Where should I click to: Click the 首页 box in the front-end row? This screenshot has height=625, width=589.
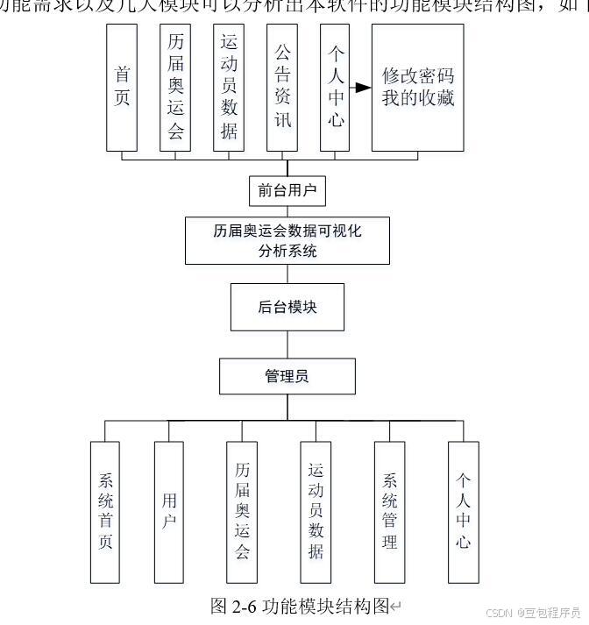point(123,87)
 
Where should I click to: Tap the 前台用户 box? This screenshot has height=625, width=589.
point(287,190)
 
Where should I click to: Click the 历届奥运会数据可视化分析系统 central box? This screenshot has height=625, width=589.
point(287,241)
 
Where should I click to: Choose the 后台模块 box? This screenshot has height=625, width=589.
point(287,306)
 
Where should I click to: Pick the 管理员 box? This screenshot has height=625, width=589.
point(287,376)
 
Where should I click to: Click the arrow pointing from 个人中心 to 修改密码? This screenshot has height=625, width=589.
point(358,88)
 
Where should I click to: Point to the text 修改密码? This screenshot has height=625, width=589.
point(418,75)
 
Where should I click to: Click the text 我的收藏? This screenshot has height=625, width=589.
point(418,97)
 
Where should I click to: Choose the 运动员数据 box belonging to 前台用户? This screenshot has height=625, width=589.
point(229,87)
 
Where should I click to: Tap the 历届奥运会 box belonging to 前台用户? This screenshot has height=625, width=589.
point(175,87)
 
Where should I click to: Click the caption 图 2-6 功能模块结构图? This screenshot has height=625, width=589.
point(300,606)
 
